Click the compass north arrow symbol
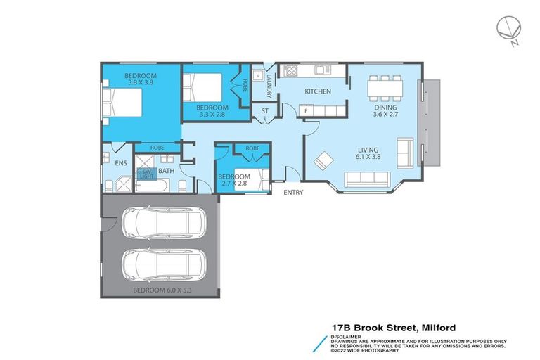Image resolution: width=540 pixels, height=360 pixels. [x=509, y=29]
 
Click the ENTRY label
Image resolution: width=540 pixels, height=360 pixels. [x=293, y=192]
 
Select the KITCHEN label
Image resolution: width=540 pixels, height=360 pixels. [x=317, y=91]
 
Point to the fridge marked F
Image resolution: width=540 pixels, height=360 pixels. [x=306, y=110]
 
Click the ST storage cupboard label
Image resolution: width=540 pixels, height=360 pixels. [x=265, y=110]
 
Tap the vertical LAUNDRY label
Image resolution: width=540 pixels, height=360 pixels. [x=269, y=84]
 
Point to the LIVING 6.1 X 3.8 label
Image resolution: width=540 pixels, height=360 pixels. [x=367, y=154]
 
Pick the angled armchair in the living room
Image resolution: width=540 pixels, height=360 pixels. [x=323, y=162]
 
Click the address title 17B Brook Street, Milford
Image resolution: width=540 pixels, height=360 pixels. [x=394, y=328]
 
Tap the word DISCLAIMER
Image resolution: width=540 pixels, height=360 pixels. [x=346, y=336]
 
